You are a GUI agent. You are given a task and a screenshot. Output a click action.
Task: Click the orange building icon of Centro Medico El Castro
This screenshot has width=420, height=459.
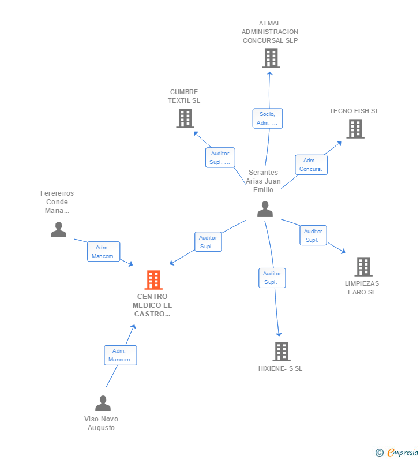[153, 280]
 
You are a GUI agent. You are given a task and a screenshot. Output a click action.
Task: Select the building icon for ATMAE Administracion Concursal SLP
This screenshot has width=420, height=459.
[271, 58]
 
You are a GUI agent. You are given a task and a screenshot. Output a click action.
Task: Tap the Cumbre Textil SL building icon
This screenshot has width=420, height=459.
[185, 118]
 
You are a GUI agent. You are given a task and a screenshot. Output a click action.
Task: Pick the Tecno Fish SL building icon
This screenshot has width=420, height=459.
[355, 129]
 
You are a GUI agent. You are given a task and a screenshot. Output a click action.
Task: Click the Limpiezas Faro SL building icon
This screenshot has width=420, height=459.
[363, 267]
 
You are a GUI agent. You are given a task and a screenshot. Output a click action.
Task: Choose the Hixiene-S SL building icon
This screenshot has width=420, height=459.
[282, 352]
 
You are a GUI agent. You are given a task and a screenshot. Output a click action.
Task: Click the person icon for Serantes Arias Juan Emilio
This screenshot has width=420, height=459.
[265, 209]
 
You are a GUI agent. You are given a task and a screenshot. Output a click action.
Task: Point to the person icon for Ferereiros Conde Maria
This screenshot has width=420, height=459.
[58, 230]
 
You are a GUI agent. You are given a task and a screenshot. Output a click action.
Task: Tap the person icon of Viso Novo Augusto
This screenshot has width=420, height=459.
[103, 403]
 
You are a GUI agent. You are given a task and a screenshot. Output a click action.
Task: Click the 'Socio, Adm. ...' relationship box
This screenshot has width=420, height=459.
[268, 118]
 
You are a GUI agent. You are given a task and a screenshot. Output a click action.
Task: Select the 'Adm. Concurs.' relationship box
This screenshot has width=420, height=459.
[311, 165]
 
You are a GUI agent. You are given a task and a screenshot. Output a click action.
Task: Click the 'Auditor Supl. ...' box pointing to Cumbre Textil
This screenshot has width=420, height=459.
[220, 158]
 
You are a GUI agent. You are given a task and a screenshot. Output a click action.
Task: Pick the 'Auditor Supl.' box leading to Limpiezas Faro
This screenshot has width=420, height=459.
[313, 236]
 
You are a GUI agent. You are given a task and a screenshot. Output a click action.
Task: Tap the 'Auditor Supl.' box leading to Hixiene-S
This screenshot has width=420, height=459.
[272, 278]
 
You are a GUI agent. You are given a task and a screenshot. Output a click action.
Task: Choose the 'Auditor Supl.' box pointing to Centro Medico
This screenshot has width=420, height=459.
[208, 242]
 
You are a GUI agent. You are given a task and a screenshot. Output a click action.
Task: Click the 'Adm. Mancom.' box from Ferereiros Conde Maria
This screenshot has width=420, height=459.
[103, 252]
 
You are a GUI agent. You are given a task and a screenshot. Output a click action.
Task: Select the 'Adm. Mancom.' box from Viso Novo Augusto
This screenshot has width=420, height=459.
[121, 355]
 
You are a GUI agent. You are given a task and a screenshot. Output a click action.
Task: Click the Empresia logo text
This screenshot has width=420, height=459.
[403, 453]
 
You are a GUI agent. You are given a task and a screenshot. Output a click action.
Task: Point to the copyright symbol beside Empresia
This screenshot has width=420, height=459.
[380, 453]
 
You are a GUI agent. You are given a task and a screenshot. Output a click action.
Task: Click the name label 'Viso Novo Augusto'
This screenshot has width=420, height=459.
[101, 423]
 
